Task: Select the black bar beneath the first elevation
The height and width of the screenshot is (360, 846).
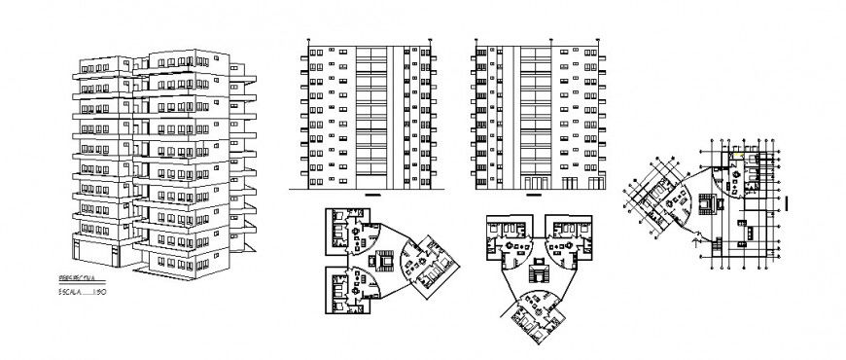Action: click(x=370, y=195)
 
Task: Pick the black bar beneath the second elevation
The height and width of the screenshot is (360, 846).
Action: click(x=536, y=195)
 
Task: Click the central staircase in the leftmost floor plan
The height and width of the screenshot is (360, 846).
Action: click(x=383, y=260)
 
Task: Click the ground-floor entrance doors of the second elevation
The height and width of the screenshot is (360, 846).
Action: click(x=536, y=182)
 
